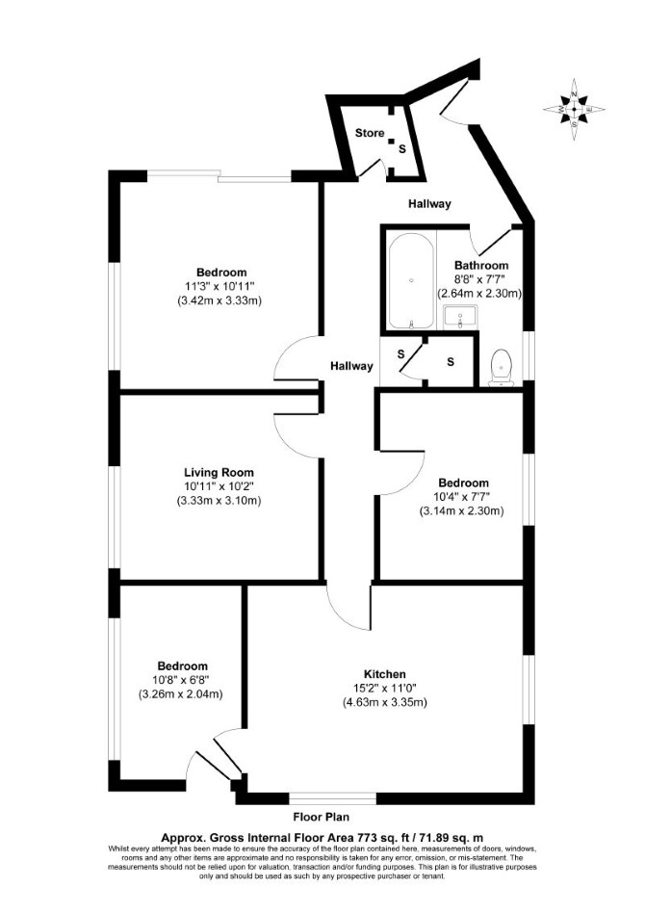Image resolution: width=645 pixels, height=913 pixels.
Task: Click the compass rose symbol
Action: pos(574,109)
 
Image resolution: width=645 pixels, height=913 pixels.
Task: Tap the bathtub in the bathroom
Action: pos(410,281)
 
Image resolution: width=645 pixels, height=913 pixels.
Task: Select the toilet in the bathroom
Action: pos(502,367)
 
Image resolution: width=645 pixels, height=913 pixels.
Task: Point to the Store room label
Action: pos(370,133)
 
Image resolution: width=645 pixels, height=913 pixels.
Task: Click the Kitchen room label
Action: pos(385,674)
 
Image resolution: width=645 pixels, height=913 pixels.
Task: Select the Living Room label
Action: pos(219,473)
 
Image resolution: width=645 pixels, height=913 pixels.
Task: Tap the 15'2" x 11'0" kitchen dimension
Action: pos(385,689)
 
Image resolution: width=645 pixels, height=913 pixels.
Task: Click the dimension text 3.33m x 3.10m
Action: pos(219,501)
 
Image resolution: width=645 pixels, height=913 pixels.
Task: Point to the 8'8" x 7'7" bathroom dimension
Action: pos(481,279)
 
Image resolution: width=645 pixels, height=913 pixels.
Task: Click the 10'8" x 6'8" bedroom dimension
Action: pos(183,680)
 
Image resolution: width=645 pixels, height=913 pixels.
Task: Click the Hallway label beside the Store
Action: pos(429,204)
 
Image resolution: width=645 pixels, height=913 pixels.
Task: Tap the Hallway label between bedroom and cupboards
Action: pos(351,366)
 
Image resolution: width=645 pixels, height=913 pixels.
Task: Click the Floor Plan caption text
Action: pos(322,817)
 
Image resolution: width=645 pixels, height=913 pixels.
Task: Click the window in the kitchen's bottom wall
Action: pos(333,799)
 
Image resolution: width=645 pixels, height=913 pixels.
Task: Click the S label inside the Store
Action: pos(401,149)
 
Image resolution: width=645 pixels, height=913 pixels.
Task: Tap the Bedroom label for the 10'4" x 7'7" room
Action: pos(463,483)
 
